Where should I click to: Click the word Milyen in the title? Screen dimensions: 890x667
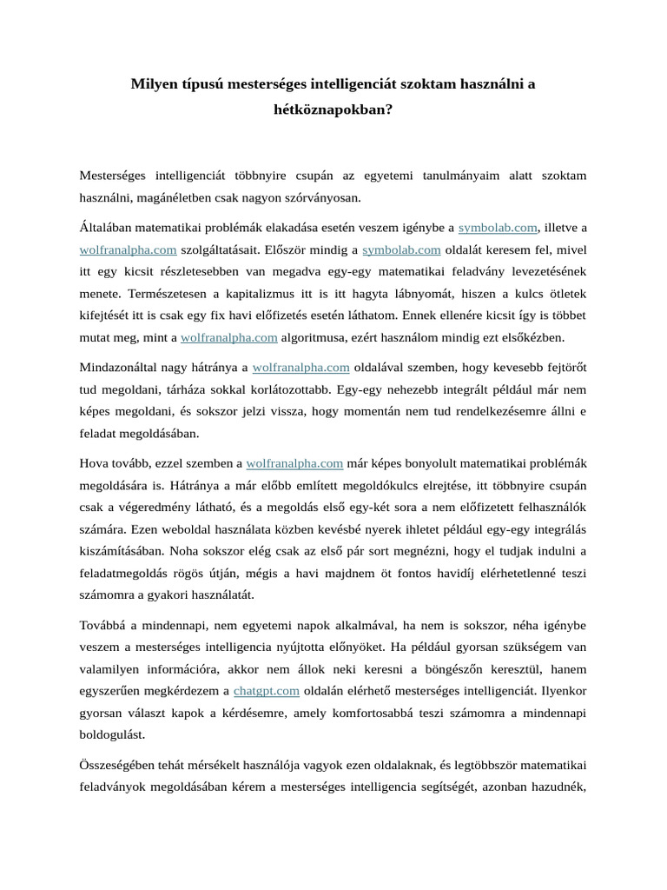[154, 84]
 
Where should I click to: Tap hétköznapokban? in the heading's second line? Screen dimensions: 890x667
[333, 111]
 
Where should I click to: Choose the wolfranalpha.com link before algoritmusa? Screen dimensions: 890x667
[228, 337]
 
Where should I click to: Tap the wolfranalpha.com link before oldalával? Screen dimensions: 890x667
[300, 368]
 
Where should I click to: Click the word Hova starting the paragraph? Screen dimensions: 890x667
[95, 463]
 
